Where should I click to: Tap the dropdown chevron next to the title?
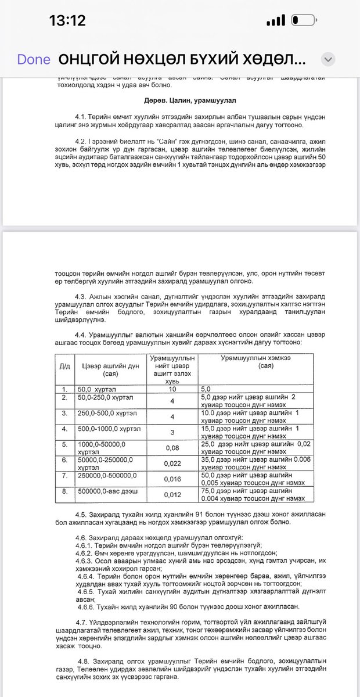point(328,60)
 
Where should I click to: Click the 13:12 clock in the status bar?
point(67,21)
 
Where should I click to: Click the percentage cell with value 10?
point(172,388)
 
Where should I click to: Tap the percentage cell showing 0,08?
point(172,447)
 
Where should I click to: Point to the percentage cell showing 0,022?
point(172,463)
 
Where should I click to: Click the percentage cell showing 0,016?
point(172,479)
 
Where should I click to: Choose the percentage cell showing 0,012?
point(172,495)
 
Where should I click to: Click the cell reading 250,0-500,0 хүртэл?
point(105,412)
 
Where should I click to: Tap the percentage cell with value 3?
point(172,432)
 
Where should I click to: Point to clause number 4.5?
point(81,515)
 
